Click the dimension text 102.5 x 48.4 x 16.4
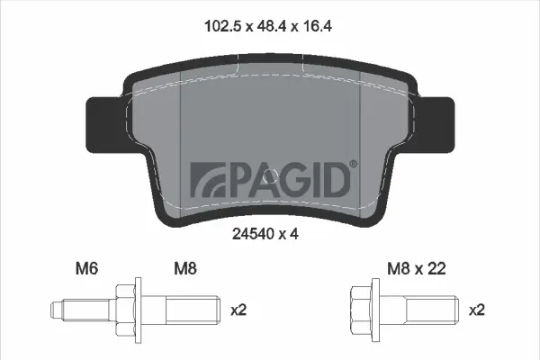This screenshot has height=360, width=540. point(269,28)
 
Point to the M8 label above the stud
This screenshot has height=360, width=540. point(185,267)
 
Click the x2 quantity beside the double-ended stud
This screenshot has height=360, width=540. point(238,310)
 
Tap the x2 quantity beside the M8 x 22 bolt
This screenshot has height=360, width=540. point(479,310)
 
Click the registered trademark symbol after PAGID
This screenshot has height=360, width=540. point(352,164)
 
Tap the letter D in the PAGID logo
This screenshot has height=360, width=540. point(332,179)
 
